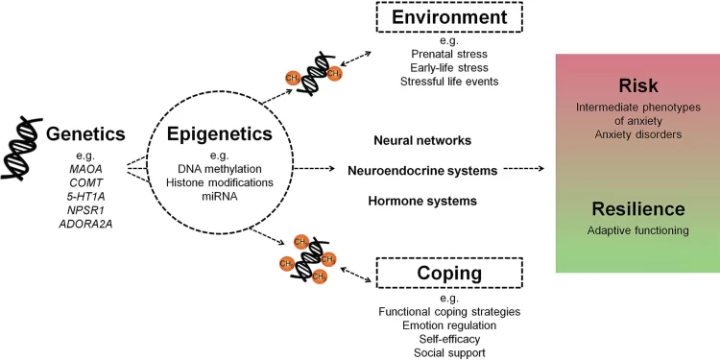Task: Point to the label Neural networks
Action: pos(422,140)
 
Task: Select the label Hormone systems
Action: pos(422,201)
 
